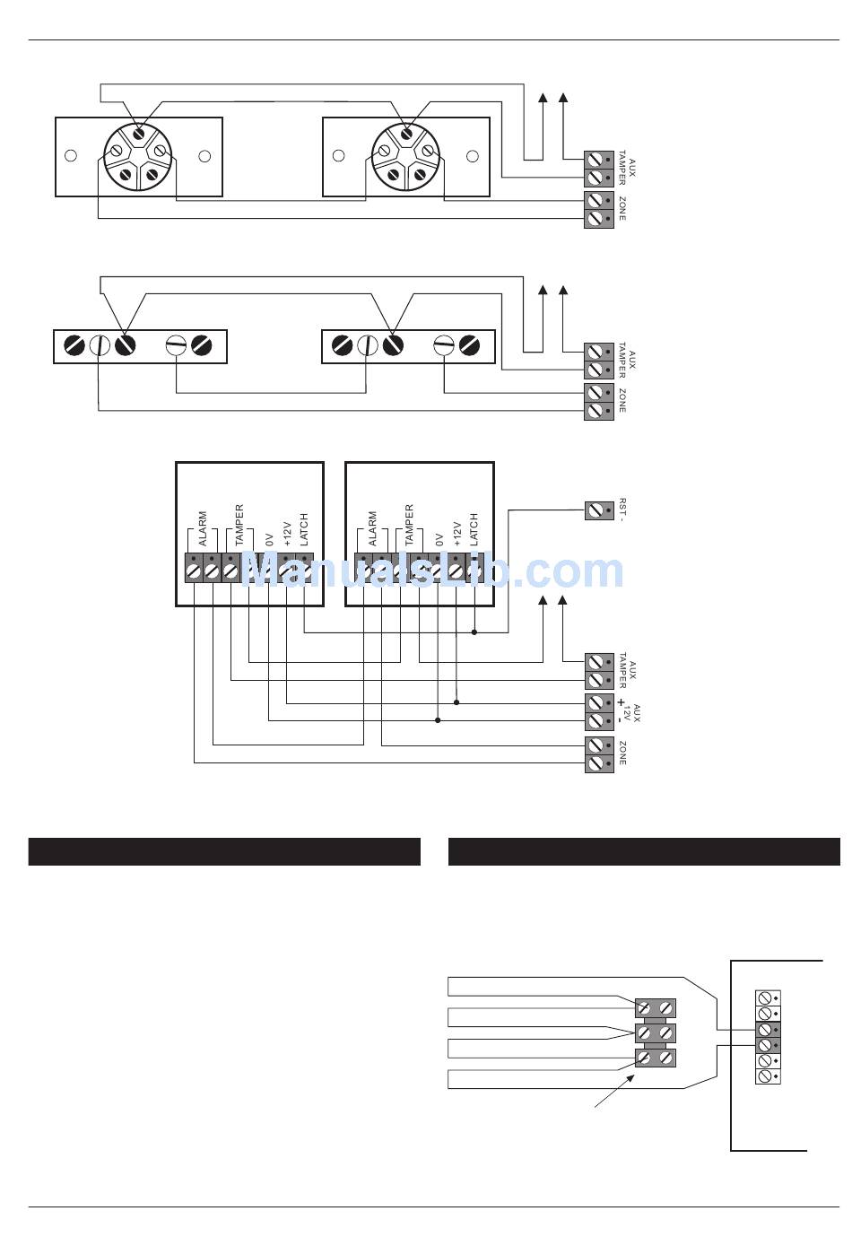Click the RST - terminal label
click(x=622, y=510)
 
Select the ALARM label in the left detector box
click(x=203, y=529)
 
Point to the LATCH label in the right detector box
click(x=474, y=529)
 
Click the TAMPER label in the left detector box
click(x=239, y=526)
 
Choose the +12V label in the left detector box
click(x=287, y=533)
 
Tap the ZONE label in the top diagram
click(x=622, y=210)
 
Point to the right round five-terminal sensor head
click(x=405, y=156)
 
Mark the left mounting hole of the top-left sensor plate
click(x=71, y=156)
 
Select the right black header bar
click(x=644, y=851)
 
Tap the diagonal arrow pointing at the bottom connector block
click(x=618, y=1092)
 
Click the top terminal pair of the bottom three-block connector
click(x=656, y=1008)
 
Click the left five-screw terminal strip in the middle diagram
click(x=140, y=345)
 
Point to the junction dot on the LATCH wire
click(x=474, y=632)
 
